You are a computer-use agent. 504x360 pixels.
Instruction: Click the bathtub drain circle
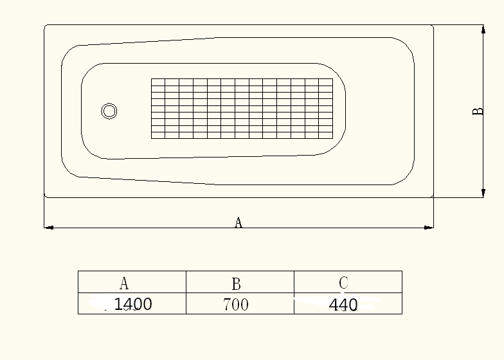click(109, 111)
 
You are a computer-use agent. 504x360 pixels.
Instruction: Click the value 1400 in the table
click(133, 304)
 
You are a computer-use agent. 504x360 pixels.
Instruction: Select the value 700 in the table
click(236, 305)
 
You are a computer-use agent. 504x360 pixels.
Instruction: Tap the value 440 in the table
click(343, 305)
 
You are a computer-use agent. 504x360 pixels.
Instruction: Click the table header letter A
click(124, 283)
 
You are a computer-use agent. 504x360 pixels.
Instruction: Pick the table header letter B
click(236, 283)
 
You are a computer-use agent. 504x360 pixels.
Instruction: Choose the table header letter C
click(343, 282)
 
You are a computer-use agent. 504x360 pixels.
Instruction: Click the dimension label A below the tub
click(238, 222)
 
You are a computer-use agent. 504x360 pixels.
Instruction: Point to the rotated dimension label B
click(478, 111)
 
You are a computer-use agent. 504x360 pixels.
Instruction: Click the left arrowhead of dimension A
click(47, 227)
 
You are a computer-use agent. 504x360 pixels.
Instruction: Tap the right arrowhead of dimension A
click(431, 227)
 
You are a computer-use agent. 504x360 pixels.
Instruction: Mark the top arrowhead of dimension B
click(483, 28)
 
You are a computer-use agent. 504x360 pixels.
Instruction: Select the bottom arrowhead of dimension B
click(483, 194)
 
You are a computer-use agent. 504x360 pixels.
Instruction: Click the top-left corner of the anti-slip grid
click(152, 79)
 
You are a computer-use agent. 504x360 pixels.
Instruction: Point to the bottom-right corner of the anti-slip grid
click(333, 138)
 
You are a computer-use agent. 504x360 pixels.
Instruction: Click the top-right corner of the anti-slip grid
click(333, 79)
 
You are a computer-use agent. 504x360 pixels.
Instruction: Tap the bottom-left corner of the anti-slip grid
click(152, 138)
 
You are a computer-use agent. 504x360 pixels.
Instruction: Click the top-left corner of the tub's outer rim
click(45, 26)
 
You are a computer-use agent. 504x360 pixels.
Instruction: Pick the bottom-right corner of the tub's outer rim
click(433, 197)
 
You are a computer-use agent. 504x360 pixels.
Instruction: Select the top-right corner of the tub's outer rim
click(433, 26)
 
